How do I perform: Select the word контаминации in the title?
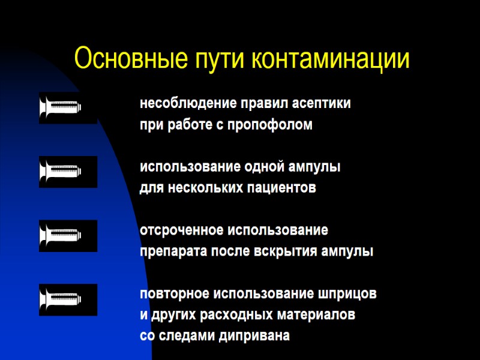point(331,59)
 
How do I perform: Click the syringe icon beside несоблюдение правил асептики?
point(68,107)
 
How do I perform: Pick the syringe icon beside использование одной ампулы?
point(68,172)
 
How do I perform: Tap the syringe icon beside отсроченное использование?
point(68,236)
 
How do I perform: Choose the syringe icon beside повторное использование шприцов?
point(68,300)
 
